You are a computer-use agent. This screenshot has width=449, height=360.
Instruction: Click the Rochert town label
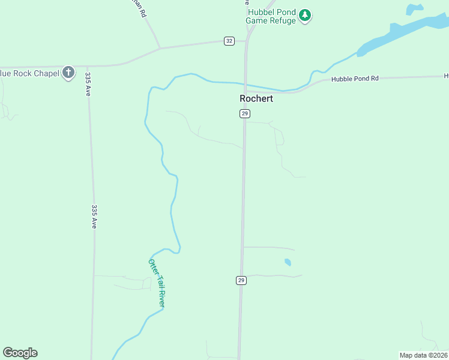pos(256,98)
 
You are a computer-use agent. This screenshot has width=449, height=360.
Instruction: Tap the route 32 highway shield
pos(229,41)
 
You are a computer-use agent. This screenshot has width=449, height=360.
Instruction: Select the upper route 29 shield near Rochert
pos(244,113)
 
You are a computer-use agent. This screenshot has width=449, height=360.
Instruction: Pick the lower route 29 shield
pos(241,280)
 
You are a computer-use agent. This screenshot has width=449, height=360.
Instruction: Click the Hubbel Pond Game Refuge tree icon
pos(305,15)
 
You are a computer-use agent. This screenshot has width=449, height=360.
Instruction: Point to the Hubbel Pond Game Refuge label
pos(271,16)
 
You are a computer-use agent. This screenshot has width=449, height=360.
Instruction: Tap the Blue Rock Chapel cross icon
pos(68,73)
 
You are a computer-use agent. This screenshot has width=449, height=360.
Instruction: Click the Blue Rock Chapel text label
pos(29,73)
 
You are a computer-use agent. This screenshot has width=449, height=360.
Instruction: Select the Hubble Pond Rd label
pos(355,79)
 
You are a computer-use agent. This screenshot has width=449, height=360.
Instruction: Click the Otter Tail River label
pos(157,283)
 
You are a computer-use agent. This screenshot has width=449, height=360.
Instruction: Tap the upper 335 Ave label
pos(88,85)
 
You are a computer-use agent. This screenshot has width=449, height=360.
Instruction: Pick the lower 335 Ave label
pos(94,217)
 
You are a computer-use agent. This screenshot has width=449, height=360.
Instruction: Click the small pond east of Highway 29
pos(288,262)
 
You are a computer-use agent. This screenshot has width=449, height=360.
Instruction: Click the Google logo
pos(20,353)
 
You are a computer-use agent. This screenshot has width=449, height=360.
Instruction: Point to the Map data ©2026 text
pos(423,355)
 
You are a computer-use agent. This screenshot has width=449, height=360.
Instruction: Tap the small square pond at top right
pos(414,9)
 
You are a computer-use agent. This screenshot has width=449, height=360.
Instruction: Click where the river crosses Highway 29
pos(246,85)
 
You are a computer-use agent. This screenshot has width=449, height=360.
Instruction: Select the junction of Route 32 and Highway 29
pos(247,41)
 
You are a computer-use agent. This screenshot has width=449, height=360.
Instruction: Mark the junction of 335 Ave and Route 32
pos(88,65)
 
